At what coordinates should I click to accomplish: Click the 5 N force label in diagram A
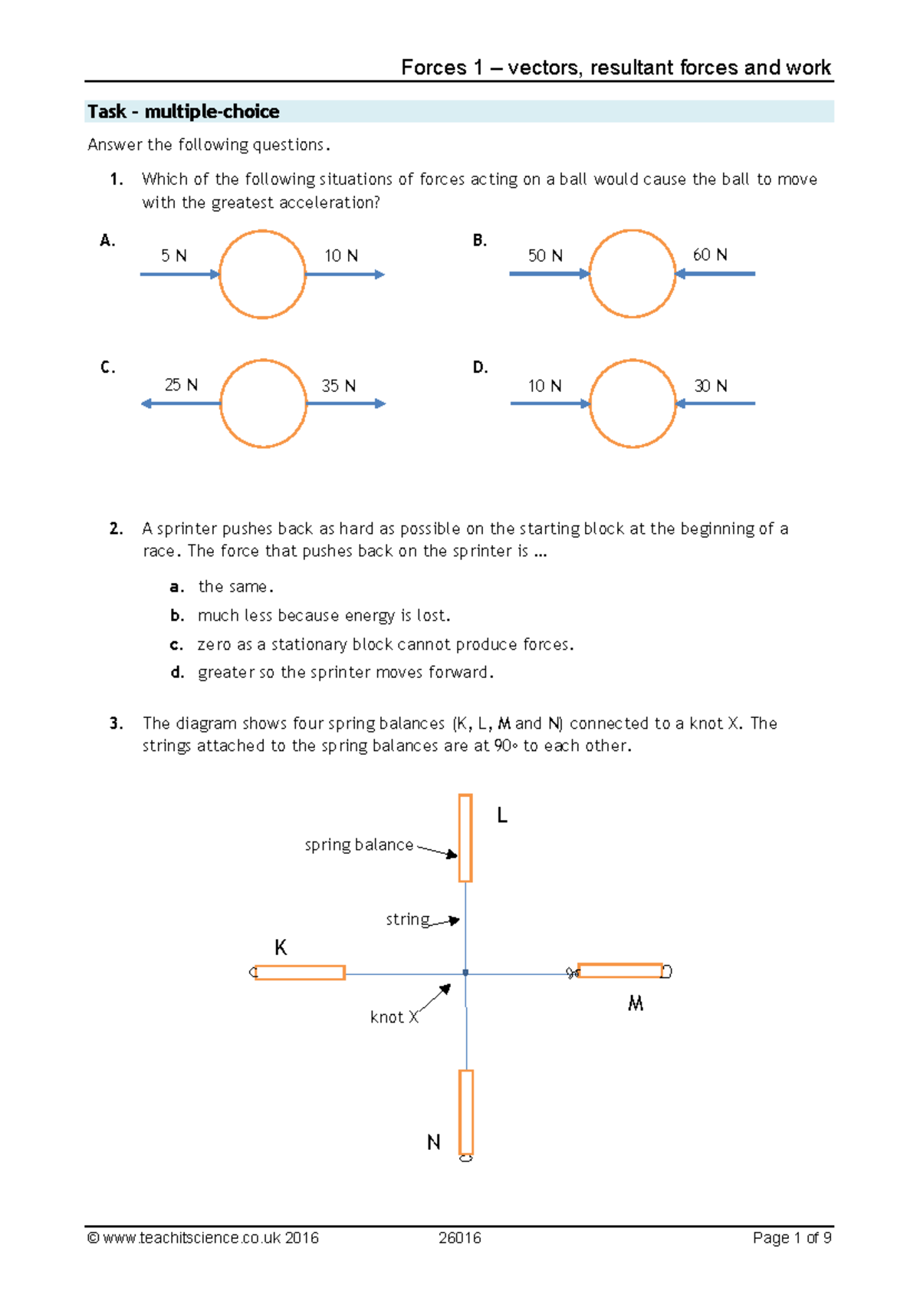(174, 255)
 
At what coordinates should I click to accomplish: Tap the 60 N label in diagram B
(710, 255)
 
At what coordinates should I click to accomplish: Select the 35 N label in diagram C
(338, 386)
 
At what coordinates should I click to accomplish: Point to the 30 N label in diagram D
(711, 386)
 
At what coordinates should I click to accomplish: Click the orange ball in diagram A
(262, 274)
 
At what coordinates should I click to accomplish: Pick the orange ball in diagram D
(632, 403)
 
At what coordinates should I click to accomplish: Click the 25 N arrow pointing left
(181, 403)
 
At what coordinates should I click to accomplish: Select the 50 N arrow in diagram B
(549, 274)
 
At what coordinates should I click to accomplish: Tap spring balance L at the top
(465, 838)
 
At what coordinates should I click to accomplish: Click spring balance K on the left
(299, 973)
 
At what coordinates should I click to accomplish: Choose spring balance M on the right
(619, 971)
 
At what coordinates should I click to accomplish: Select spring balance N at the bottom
(466, 1112)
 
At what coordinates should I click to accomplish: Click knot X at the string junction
(465, 973)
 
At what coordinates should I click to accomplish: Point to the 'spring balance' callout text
(359, 845)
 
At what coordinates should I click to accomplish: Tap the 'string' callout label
(408, 919)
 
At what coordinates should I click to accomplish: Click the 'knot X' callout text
(394, 1017)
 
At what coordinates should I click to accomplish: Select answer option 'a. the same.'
(222, 587)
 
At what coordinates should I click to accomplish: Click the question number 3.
(116, 723)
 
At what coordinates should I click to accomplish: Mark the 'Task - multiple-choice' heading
(183, 112)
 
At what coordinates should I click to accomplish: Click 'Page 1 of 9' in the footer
(791, 1237)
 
